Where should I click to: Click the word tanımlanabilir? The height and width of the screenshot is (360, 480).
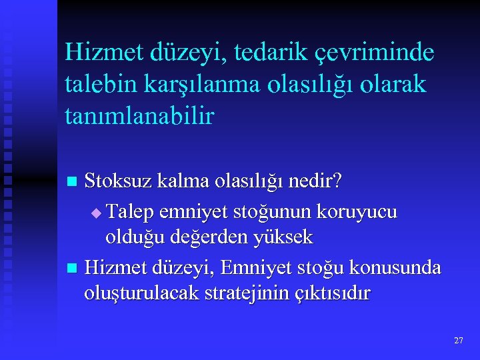click(x=140, y=117)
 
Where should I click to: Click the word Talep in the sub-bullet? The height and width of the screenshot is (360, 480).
click(x=132, y=212)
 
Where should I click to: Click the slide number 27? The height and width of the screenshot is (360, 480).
click(x=458, y=341)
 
